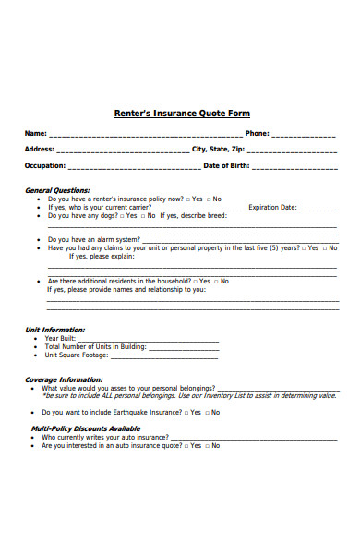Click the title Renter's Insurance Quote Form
(181, 114)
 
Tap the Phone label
(257, 133)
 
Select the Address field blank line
(122, 150)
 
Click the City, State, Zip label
(218, 149)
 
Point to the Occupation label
(44, 166)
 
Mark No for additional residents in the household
(215, 281)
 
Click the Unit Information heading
(54, 330)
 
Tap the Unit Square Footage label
(77, 355)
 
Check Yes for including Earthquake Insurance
(190, 412)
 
